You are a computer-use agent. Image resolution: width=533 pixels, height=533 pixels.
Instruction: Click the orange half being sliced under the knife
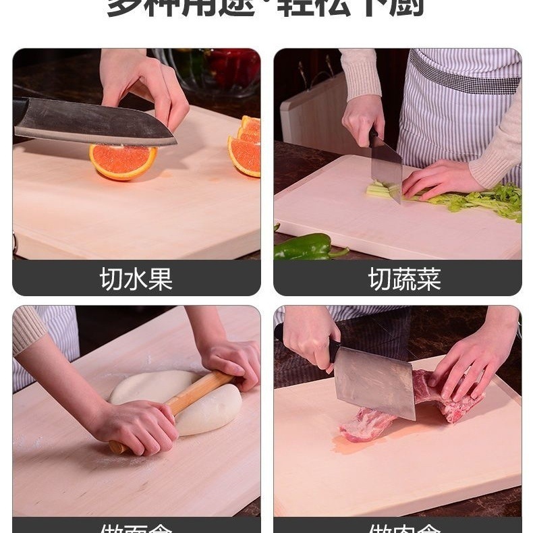pos(123,162)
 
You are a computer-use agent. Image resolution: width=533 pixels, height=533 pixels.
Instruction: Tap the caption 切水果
pos(136,279)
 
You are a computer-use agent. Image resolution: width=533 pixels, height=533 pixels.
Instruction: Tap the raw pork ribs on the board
pos(405,412)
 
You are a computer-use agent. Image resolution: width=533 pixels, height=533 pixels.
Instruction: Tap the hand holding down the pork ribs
pos(472,364)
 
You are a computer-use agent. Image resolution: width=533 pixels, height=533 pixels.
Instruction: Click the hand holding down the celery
pos(439,179)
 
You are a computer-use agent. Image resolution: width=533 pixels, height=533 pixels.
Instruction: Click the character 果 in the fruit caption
pos(161,279)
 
